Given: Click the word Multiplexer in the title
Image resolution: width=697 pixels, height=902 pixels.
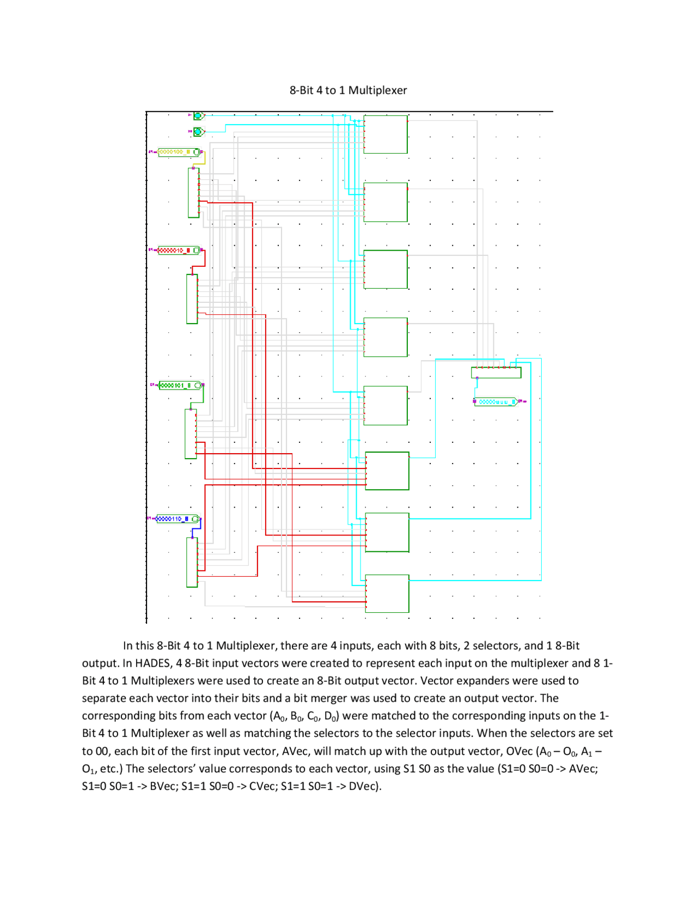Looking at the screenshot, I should tap(377, 90).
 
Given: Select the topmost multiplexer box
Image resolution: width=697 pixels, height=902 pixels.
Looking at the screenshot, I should tap(386, 135).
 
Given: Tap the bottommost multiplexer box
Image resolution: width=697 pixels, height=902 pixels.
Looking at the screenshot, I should tap(387, 594).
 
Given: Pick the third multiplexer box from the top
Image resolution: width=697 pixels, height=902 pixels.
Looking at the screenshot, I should tap(386, 269).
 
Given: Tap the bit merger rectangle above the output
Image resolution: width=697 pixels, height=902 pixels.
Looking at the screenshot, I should tap(496, 373).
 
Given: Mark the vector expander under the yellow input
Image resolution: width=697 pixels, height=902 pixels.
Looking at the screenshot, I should tap(193, 193).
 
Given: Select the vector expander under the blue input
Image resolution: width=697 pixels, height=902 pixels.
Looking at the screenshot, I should tap(192, 562).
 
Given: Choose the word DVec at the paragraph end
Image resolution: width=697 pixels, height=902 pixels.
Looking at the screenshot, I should tap(365, 786).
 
